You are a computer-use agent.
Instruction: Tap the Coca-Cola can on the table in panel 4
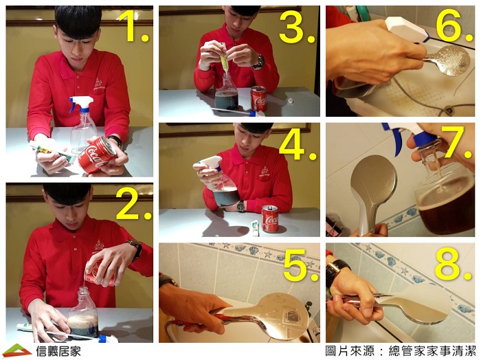coord(270,218)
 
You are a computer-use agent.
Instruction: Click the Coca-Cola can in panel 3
coord(259,98)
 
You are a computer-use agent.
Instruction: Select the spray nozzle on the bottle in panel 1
coord(81,104)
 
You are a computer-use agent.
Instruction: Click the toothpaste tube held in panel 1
coord(53,150)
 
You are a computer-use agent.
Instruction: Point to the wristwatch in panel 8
coord(335,271)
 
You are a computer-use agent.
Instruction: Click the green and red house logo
coord(17,350)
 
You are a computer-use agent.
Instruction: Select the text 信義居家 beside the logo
coord(58,351)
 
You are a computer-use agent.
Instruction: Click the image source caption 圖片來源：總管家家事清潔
coord(401,350)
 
